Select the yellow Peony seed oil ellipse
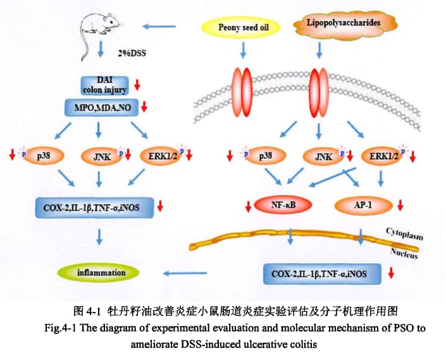pos(240,28)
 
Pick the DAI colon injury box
pos(104,85)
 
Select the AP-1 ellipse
pos(362,205)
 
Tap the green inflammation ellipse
pos(101,273)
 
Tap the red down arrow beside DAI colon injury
pos(137,84)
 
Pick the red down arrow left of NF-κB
pos(248,206)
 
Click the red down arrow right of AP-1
pos(401,206)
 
